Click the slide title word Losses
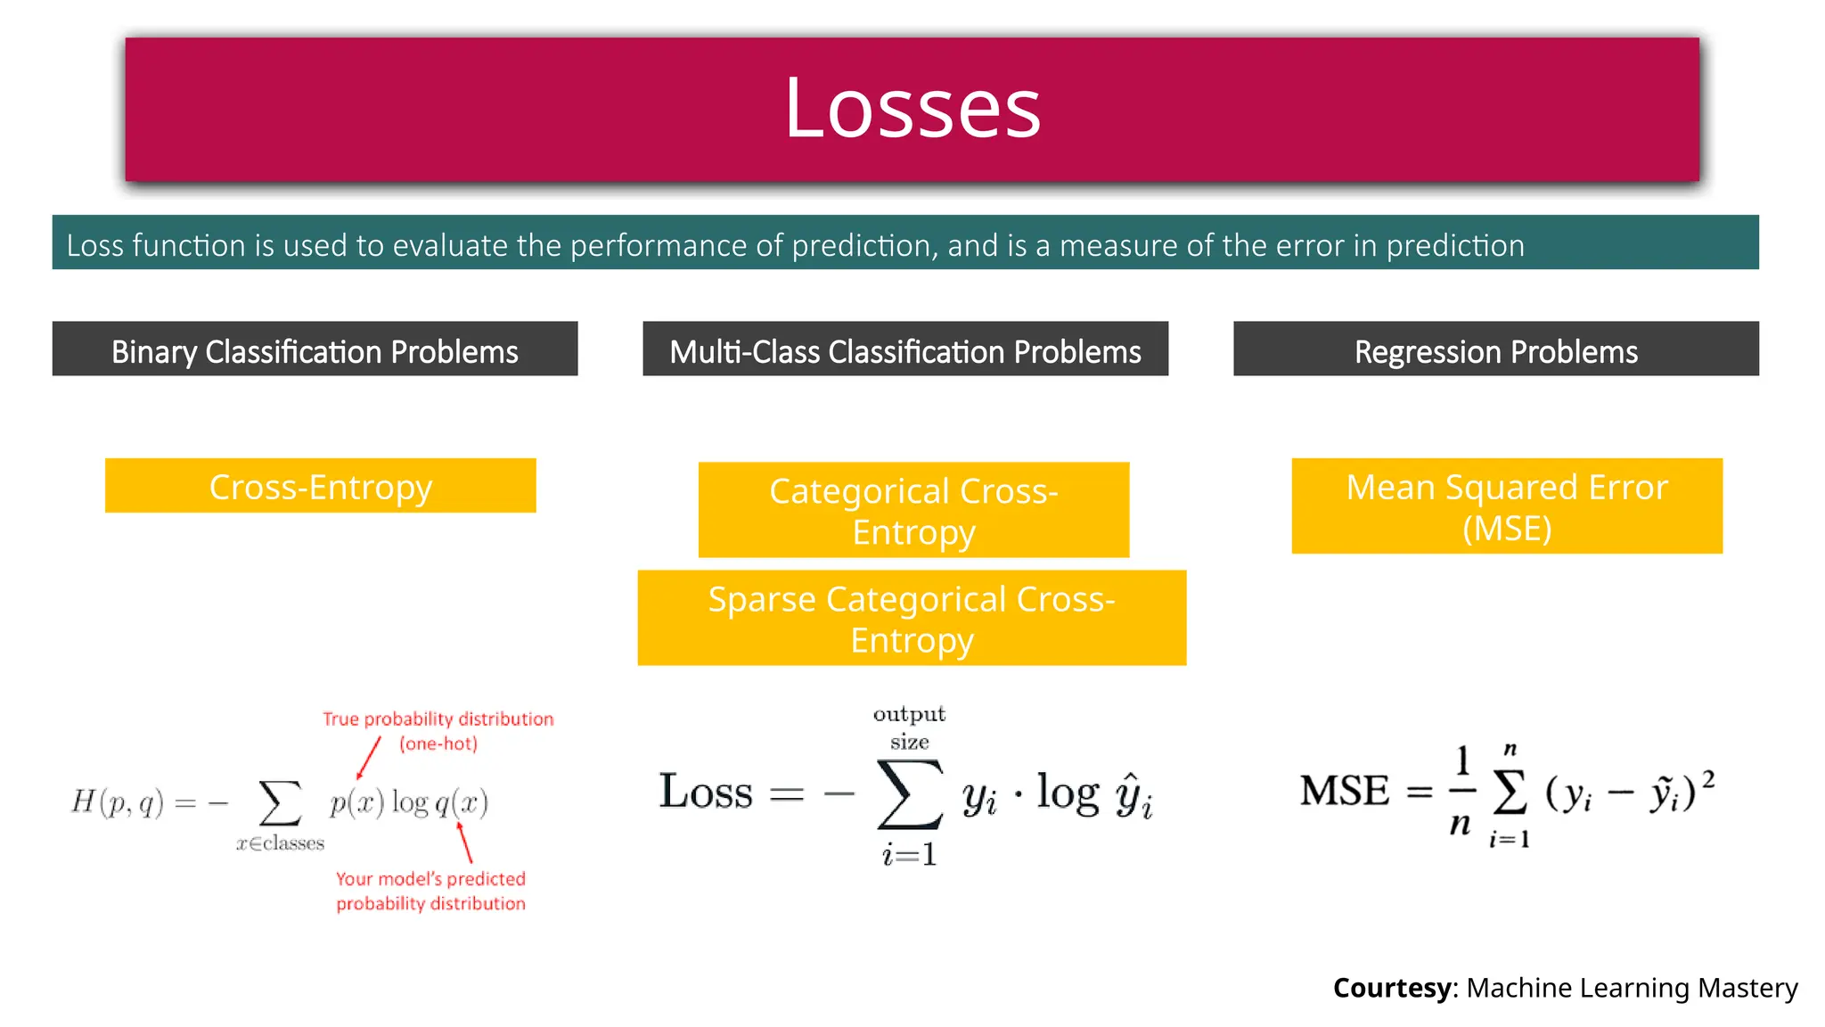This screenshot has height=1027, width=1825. point(912,109)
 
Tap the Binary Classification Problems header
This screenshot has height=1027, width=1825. point(315,351)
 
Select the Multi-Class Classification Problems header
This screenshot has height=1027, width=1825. point(904,351)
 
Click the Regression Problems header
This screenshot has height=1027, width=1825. point(1495,351)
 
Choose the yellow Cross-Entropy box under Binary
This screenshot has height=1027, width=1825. point(320,487)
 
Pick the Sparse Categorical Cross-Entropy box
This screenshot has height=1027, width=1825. point(912,619)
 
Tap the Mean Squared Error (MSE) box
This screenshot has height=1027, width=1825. point(1506,506)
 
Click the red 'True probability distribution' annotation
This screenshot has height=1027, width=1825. point(438,719)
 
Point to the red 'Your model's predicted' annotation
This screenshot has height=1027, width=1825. point(430,879)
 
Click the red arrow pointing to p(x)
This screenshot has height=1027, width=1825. point(368,759)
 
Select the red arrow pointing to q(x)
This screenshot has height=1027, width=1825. point(464,842)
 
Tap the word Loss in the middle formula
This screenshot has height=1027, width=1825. point(706,792)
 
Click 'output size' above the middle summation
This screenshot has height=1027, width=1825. point(909,727)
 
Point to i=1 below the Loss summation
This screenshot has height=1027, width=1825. point(909,855)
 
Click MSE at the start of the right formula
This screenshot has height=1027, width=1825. point(1344,791)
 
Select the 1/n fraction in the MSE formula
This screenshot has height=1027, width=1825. point(1461,791)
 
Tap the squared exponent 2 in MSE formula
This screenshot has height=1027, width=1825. point(1708,780)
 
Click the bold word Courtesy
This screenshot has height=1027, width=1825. point(1392,988)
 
